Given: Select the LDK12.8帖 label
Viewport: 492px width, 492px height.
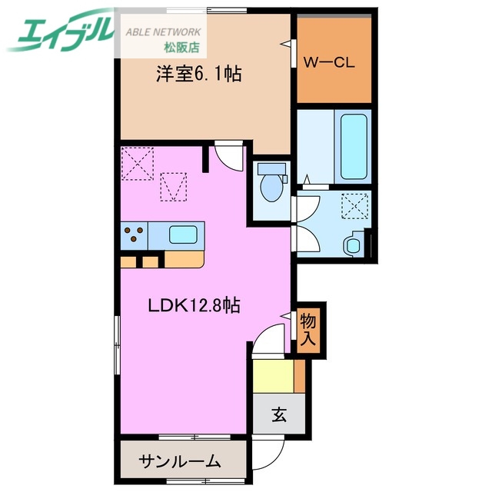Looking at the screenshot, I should [x=194, y=305].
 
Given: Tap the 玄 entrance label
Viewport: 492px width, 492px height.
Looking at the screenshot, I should [x=278, y=416].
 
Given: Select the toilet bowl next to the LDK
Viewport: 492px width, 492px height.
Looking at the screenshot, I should [x=271, y=185].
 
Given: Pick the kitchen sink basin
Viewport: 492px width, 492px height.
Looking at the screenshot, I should [x=184, y=234].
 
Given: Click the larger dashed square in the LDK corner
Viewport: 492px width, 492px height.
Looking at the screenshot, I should [x=137, y=161].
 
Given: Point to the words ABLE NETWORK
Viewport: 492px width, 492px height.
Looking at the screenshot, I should [x=165, y=32].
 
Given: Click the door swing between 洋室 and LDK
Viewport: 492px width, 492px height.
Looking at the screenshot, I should [x=228, y=157].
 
